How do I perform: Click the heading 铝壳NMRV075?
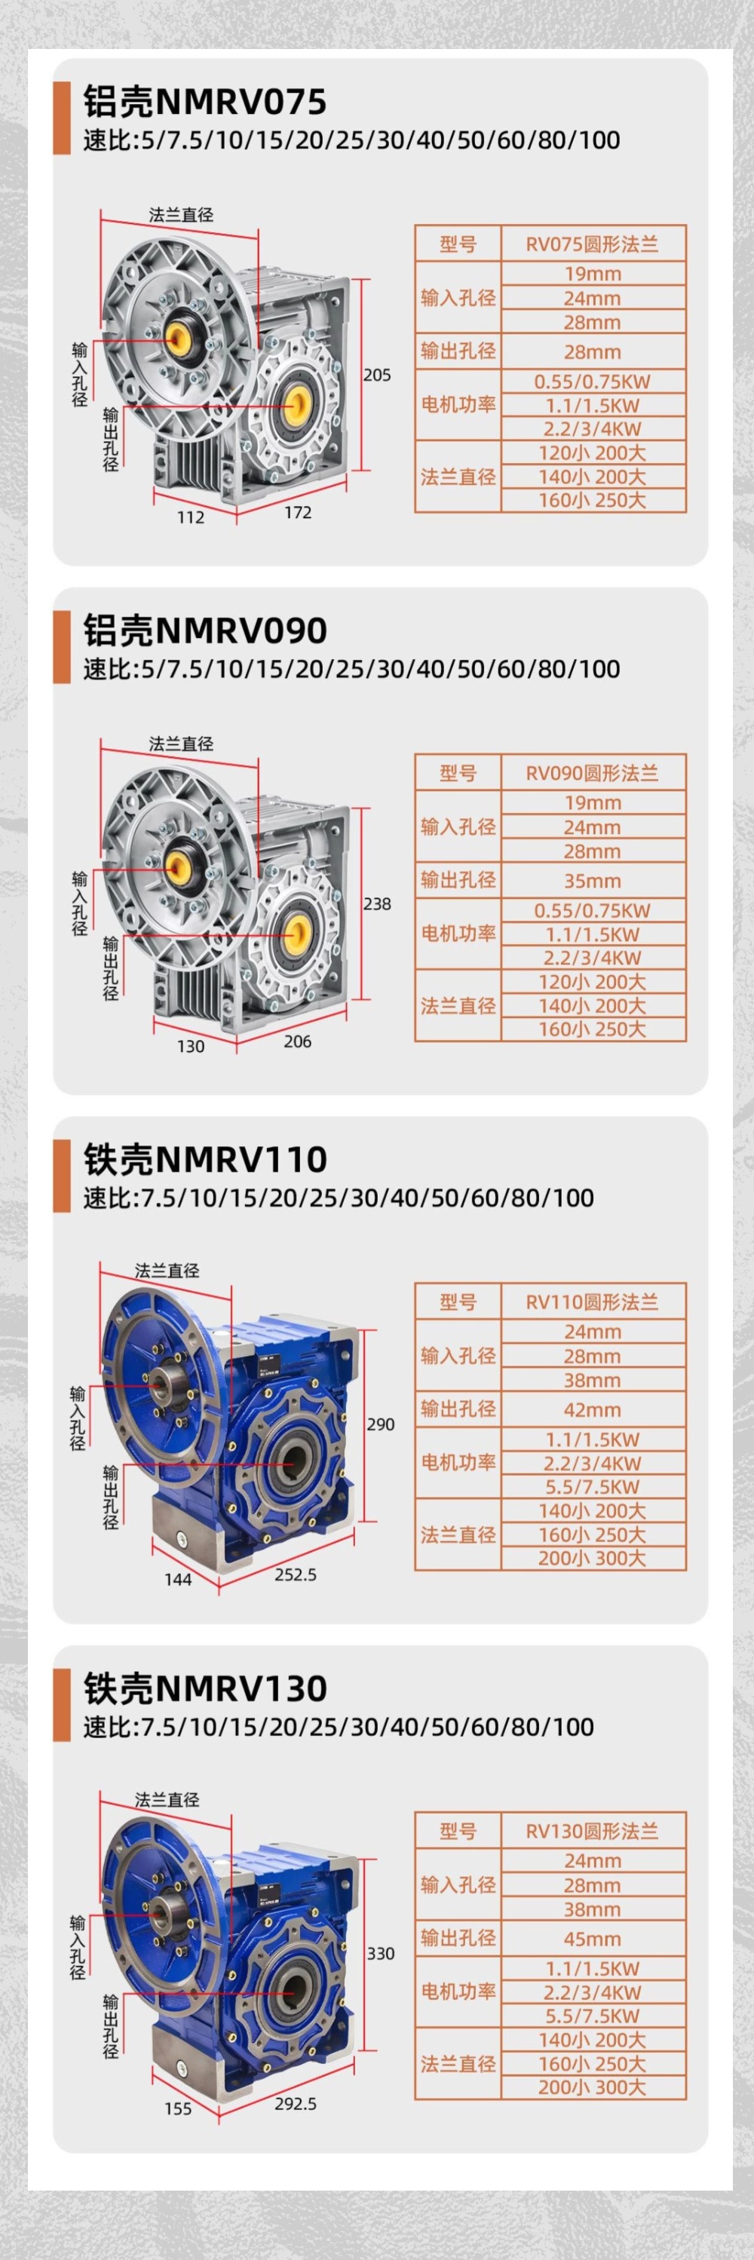pos(204,102)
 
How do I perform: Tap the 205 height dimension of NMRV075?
pos(377,375)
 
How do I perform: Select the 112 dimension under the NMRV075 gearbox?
pos(190,517)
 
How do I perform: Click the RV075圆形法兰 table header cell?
pos(592,244)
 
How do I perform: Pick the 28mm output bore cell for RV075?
pos(592,352)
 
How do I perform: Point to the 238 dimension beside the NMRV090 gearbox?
pos(377,903)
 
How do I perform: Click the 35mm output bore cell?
pos(592,881)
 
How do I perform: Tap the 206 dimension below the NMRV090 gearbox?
pos(297,1041)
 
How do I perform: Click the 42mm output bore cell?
pos(592,1410)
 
